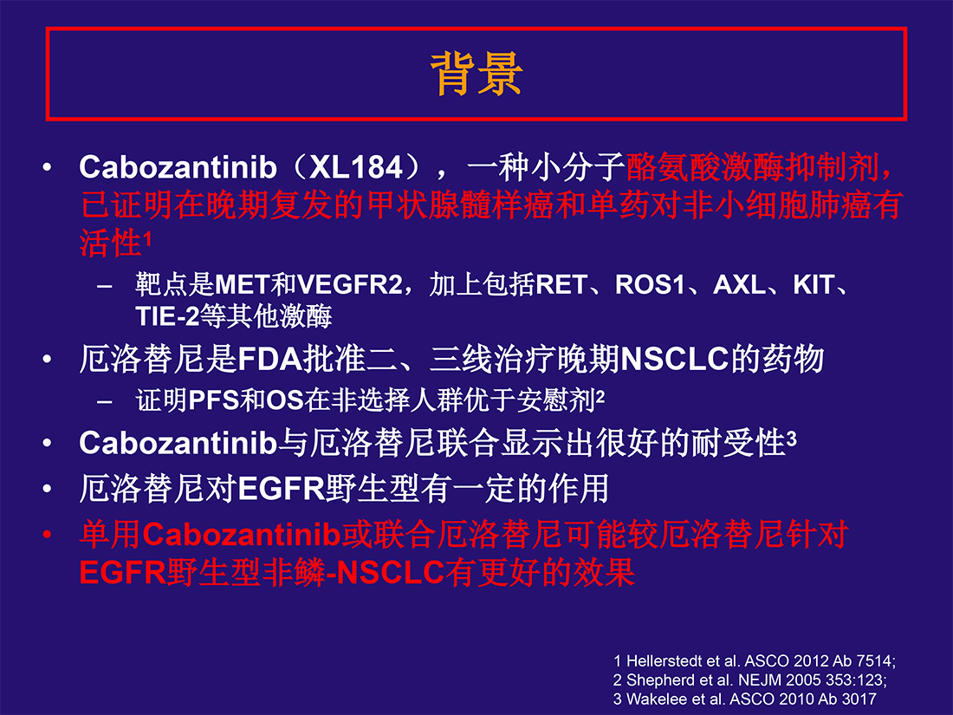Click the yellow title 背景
[x=476, y=74]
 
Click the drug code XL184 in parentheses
[x=356, y=167]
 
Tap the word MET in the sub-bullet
[x=243, y=284]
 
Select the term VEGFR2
[x=349, y=284]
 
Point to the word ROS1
[x=650, y=284]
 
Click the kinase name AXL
[x=739, y=284]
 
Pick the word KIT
[x=814, y=284]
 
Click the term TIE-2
[x=167, y=316]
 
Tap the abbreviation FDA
[x=269, y=359]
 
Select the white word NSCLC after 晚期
[x=675, y=359]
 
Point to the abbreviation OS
[x=285, y=400]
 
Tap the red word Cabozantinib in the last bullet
[x=242, y=535]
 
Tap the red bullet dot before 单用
[x=47, y=535]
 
